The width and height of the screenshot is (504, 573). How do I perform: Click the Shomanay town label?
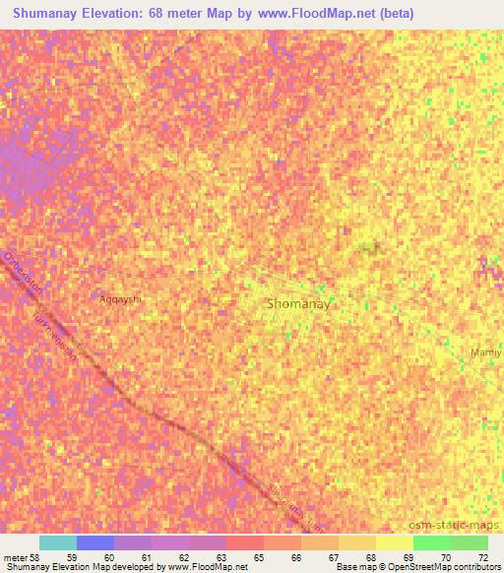(x=298, y=305)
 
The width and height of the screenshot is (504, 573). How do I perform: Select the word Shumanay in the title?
(x=51, y=14)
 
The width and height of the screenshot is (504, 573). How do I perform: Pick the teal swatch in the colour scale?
(x=58, y=543)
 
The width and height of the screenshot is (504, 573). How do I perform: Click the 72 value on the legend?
(x=482, y=557)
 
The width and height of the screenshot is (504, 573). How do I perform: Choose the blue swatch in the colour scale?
(x=95, y=543)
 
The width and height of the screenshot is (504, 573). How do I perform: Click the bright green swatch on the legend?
(x=432, y=543)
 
